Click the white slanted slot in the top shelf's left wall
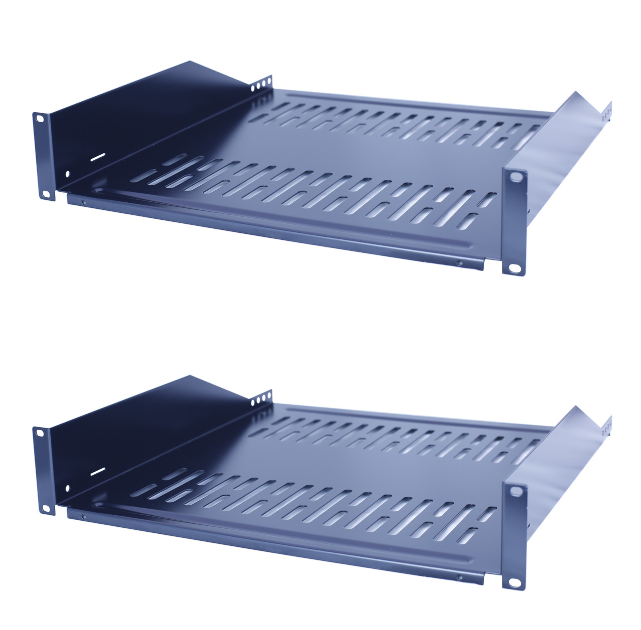coord(98,156)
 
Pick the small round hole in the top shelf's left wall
coord(68,174)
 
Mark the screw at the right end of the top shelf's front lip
coord(459,262)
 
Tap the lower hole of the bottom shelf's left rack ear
coord(46,508)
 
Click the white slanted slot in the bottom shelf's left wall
coord(98,471)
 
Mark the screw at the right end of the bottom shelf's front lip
coord(459,577)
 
